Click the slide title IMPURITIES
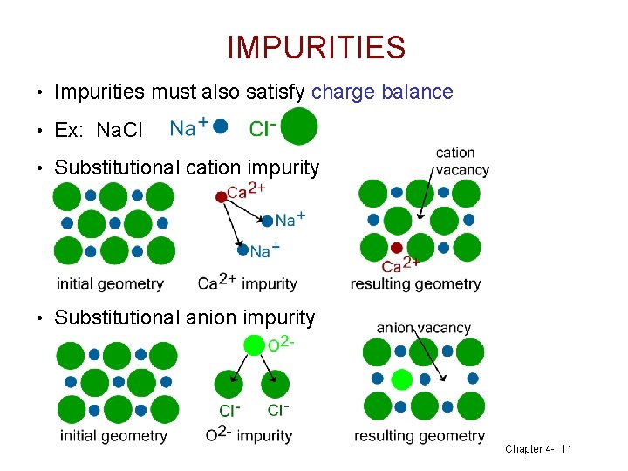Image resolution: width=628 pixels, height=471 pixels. (316, 48)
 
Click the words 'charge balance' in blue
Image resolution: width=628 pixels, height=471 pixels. (382, 92)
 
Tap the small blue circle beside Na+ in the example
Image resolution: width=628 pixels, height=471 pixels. (221, 126)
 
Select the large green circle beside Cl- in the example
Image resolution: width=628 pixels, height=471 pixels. (298, 127)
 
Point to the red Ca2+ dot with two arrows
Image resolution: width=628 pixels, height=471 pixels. (221, 197)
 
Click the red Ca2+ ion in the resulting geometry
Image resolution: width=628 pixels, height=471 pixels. (397, 248)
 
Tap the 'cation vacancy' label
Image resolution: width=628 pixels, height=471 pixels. (461, 162)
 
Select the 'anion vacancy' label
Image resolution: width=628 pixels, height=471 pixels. (423, 328)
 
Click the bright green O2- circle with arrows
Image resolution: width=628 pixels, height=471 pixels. (253, 345)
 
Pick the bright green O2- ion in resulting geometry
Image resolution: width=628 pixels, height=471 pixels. (400, 379)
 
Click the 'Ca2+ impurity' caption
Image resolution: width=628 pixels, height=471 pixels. (248, 283)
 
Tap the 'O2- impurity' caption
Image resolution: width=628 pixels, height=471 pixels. (249, 435)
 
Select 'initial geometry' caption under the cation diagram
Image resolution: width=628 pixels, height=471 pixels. (110, 283)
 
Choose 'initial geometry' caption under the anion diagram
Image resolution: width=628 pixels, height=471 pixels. (113, 435)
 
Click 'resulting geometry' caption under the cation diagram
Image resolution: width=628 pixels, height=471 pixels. (415, 283)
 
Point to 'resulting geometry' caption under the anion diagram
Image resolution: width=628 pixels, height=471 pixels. (420, 435)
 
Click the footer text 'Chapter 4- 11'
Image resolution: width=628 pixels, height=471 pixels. (538, 449)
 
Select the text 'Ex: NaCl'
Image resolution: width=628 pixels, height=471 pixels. (98, 131)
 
